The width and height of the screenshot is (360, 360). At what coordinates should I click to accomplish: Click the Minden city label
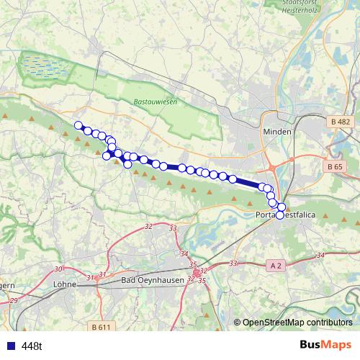coord(276,132)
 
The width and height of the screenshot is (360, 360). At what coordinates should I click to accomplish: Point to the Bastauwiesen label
coord(155,102)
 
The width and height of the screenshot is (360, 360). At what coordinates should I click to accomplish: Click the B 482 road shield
coord(341,122)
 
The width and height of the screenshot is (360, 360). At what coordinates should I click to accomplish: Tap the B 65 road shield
coord(334,167)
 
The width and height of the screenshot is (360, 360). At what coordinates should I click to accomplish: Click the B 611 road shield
coord(102,328)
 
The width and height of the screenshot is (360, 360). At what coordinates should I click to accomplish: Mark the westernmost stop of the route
coord(78,125)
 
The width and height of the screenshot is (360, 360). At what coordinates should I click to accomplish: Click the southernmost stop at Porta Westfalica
coord(280,215)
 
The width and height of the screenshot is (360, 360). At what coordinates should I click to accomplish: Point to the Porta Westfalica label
coord(287,214)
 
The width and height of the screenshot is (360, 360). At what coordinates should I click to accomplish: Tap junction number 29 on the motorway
coord(14,299)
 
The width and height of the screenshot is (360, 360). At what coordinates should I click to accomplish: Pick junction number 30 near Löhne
coord(58,269)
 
